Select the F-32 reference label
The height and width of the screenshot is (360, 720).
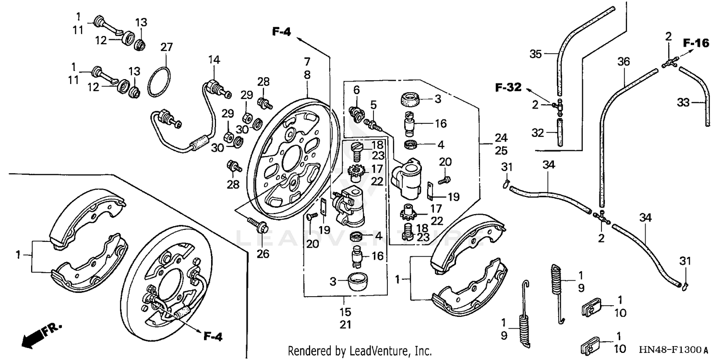click(x=508, y=87)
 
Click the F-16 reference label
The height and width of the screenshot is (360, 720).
click(x=696, y=44)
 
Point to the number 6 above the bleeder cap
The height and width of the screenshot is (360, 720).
click(x=356, y=90)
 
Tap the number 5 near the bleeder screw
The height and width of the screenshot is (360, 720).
click(x=373, y=105)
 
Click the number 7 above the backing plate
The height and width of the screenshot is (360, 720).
click(x=307, y=61)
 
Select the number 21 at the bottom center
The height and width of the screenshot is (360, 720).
click(x=346, y=325)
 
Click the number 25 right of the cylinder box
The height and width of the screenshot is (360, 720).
click(x=501, y=151)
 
